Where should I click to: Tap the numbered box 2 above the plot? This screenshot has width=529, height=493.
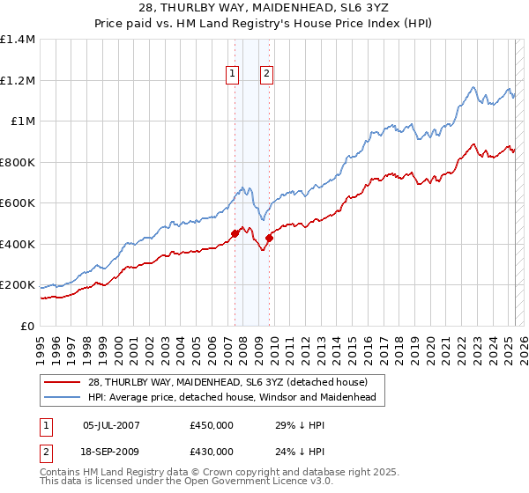(265, 75)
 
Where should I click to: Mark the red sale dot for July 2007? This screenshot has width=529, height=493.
(235, 234)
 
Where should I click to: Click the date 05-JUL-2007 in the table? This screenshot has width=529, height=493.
(111, 425)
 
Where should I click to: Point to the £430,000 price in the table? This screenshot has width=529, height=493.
(212, 452)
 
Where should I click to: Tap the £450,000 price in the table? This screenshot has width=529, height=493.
(212, 425)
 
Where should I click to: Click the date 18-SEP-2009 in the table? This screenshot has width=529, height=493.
(111, 452)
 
